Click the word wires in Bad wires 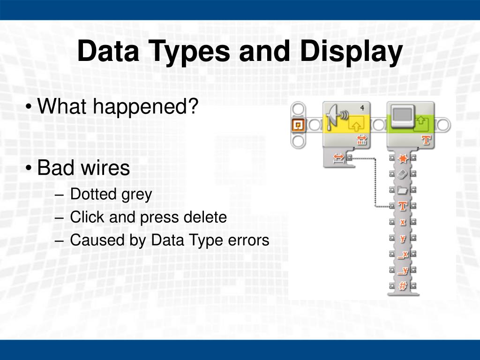point(106,168)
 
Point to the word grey point(137,194)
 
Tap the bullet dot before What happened point(30,107)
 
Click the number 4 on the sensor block point(362,108)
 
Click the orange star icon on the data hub point(402,159)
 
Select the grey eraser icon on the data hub point(402,174)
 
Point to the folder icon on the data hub point(402,190)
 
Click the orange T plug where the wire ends point(402,206)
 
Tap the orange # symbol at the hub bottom point(402,286)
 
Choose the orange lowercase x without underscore point(402,222)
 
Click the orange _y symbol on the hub point(402,270)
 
